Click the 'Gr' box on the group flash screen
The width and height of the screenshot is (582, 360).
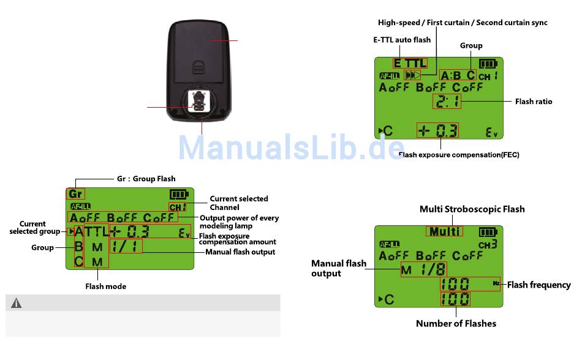tap(75, 194)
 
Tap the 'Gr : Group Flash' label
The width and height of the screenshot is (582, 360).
tap(146, 179)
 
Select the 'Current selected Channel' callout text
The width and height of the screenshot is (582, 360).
tap(238, 203)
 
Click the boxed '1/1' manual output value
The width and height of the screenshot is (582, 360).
tap(126, 246)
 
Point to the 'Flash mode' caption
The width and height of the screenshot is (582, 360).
tap(105, 286)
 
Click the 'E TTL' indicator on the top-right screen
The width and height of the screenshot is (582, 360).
tap(410, 63)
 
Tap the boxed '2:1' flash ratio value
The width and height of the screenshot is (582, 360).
tap(447, 102)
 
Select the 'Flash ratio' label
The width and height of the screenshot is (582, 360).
tap(533, 102)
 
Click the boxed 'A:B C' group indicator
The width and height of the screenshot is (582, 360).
tap(458, 75)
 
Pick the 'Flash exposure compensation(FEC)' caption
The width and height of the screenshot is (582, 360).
tap(458, 155)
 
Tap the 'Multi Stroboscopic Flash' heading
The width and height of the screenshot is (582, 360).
tap(472, 209)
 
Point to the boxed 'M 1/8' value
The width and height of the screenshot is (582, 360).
tap(423, 269)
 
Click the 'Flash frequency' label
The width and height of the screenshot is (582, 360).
tap(539, 285)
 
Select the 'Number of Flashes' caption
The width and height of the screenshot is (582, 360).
tap(456, 323)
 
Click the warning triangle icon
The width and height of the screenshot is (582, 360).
tap(17, 303)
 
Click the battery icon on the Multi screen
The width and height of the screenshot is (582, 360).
tap(488, 232)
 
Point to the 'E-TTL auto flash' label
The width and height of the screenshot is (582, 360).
tap(401, 40)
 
